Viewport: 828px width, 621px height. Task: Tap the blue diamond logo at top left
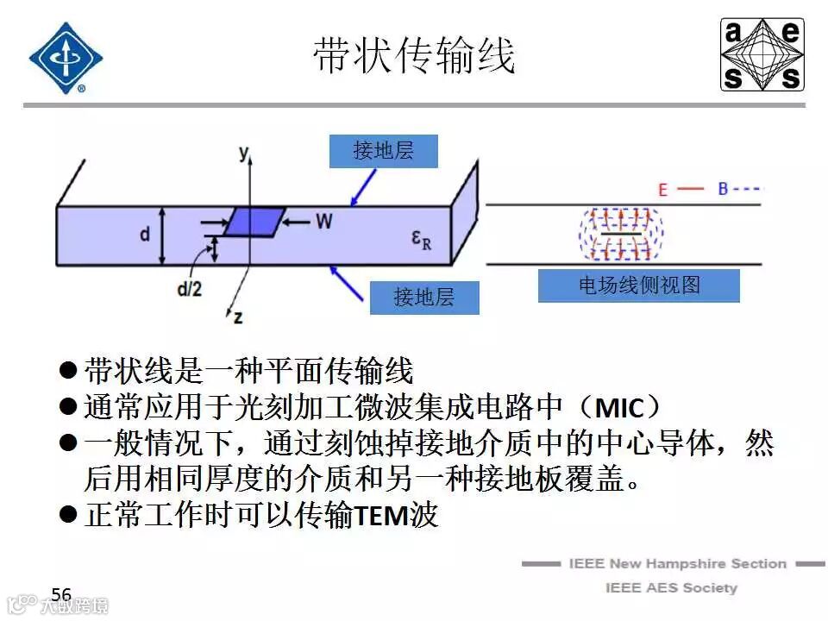tap(66, 58)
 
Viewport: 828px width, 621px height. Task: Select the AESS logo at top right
tap(762, 55)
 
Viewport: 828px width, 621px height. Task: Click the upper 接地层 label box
tap(384, 151)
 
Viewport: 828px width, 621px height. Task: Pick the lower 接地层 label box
tap(423, 298)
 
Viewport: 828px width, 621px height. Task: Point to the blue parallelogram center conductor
tap(254, 222)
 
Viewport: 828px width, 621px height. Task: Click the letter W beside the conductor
tap(323, 223)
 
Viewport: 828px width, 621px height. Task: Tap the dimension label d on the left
tap(145, 235)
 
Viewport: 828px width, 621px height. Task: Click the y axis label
tap(244, 154)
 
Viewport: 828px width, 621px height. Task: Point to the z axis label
tap(237, 317)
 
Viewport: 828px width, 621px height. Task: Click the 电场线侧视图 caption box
tap(638, 285)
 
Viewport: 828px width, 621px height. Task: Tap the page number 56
tap(61, 594)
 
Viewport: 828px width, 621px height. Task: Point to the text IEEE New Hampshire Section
tap(677, 564)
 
